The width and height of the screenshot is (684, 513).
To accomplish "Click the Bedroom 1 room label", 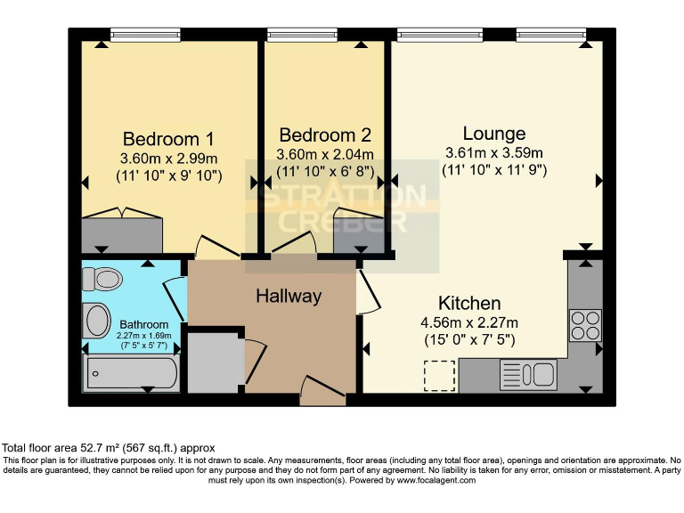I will (x=168, y=139).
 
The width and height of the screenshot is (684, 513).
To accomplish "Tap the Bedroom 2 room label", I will (x=325, y=135).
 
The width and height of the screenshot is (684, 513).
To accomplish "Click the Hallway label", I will (x=289, y=296).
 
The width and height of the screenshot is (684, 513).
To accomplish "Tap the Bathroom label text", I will (x=143, y=324).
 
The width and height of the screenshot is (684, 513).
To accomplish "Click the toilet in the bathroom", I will (x=101, y=279).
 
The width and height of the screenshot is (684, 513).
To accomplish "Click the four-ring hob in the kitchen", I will (x=585, y=324).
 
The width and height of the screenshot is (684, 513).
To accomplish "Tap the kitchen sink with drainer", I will (x=528, y=374).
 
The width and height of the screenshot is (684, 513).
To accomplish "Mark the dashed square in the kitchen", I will (x=438, y=375).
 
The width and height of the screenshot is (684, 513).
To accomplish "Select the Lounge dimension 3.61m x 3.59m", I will (x=494, y=152).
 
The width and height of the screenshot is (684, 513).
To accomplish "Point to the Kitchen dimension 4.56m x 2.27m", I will (x=469, y=322).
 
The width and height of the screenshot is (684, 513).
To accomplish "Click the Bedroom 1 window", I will (x=145, y=35).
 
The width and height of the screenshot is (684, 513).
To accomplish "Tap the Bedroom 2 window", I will (x=302, y=35).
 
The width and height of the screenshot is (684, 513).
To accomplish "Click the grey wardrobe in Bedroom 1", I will (x=122, y=234).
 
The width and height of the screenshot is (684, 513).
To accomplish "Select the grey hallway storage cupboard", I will (x=215, y=362).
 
